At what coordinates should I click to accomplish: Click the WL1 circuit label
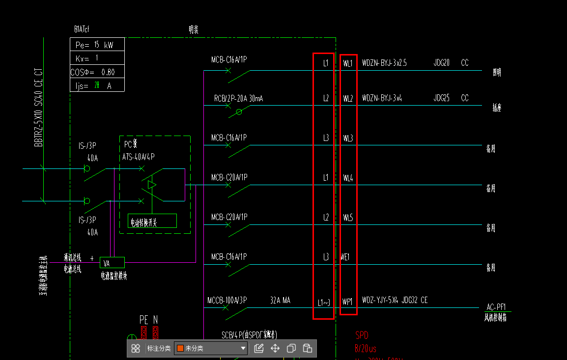coord(348,63)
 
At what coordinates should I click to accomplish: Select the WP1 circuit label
coord(348,301)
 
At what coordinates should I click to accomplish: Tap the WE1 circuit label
coord(345,257)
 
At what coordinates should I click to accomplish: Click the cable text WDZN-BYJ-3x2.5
coord(384,63)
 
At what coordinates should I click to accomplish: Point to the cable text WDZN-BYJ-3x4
coord(382,98)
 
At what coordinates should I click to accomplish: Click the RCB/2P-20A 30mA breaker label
coord(238,99)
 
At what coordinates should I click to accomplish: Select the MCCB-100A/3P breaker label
coord(227,300)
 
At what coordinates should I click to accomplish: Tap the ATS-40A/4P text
coord(139,157)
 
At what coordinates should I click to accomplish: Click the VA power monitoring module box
coord(112,262)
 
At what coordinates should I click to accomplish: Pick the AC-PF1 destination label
coord(496,307)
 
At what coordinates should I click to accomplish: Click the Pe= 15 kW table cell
coord(97,45)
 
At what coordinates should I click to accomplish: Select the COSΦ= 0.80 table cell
coord(97,72)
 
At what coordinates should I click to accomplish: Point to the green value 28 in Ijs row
coord(97,85)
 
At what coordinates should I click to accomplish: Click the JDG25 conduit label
coord(441,98)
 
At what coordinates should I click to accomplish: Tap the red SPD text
coord(362,335)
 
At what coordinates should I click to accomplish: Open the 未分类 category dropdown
coord(211,349)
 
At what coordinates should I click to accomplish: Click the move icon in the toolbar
coord(275,349)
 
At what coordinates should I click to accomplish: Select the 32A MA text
coord(280,300)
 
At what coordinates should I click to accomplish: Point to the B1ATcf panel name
coord(82,29)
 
